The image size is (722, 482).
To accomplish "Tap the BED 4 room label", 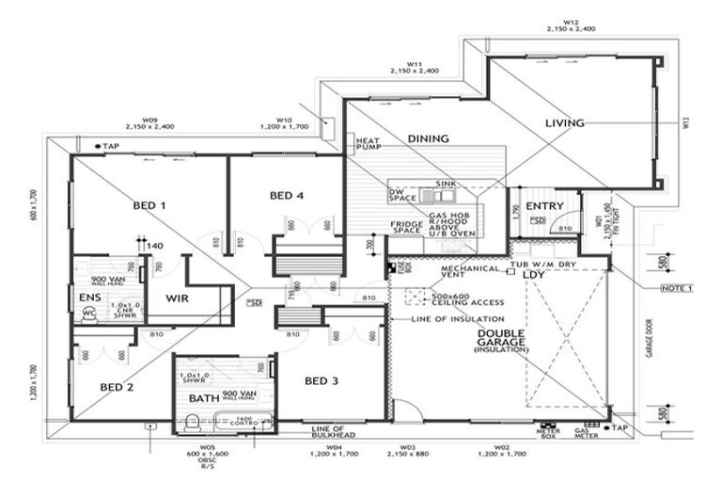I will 287,196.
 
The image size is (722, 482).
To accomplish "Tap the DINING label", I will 428,138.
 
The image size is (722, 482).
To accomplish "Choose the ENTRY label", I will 543,206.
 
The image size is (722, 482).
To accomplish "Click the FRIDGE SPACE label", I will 406,227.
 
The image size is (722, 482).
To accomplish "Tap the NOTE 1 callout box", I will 676,287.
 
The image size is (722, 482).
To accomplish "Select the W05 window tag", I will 208,448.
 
